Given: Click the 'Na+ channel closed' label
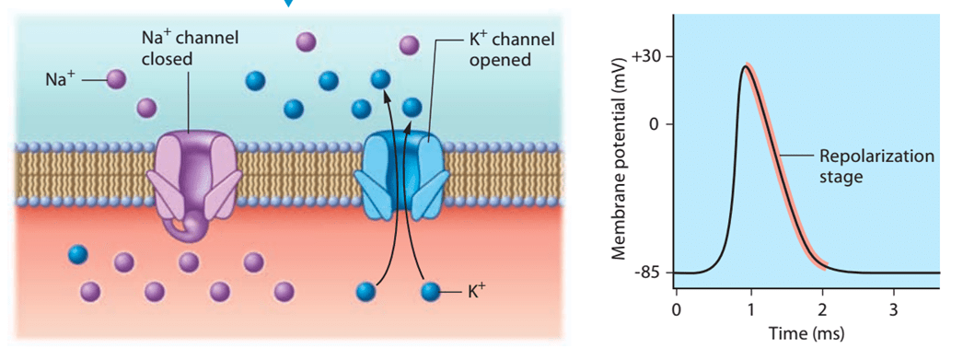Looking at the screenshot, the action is tap(189, 49).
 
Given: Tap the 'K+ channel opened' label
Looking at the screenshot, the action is tap(507, 51).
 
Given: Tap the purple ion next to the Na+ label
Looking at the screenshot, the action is tap(116, 79).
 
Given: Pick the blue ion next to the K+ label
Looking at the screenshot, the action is tap(431, 291).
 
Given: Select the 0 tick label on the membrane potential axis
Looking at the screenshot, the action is tap(654, 123).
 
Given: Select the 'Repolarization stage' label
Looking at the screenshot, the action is tap(876, 166).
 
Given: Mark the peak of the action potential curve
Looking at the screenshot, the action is tap(745, 66).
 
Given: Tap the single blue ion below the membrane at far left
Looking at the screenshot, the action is tap(78, 254).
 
